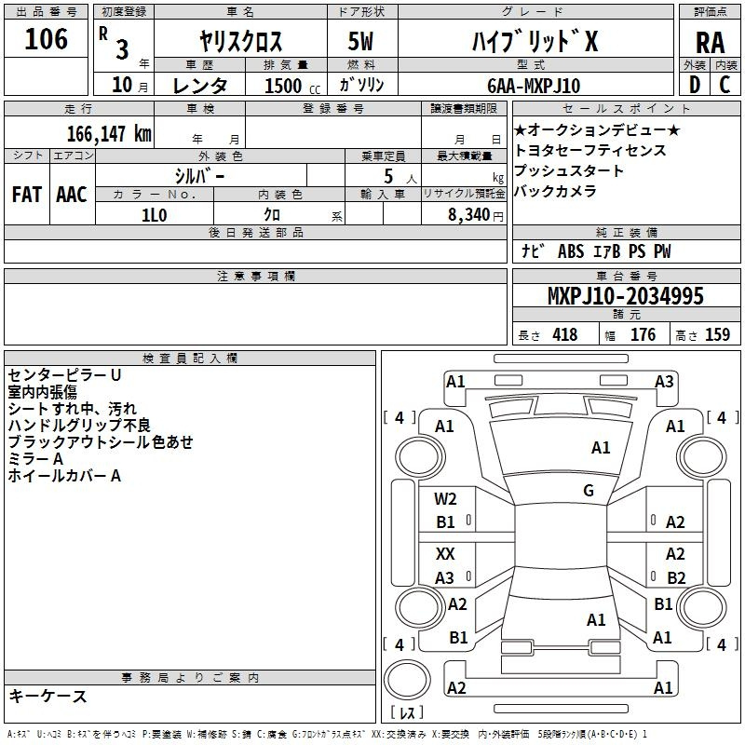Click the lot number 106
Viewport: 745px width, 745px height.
46,39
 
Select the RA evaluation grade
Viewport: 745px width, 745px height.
710,43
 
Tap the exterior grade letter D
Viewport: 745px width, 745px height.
694,85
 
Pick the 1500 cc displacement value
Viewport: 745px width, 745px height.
283,86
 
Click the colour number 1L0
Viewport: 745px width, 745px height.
154,213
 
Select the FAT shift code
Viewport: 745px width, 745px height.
26,194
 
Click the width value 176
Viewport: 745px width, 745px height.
643,335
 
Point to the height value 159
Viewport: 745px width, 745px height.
717,335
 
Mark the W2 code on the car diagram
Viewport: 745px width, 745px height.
445,499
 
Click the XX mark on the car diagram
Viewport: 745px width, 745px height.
445,554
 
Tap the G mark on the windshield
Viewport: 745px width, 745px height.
589,491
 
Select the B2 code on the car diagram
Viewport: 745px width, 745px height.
675,578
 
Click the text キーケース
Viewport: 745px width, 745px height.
47,697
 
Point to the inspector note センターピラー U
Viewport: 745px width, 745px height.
64,375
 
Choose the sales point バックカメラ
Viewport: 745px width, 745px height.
555,192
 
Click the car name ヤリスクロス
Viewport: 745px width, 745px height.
241,43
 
